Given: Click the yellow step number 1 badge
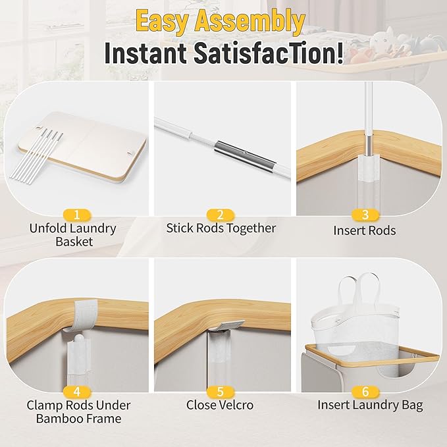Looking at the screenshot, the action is [76, 215].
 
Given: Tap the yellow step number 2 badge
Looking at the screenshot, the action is [221, 215].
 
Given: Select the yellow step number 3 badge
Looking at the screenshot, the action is [365, 215].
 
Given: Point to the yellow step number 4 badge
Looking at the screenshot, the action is [76, 392].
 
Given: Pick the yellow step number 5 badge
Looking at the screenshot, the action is [221, 392].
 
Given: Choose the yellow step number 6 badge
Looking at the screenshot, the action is [365, 392].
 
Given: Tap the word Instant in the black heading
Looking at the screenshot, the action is [145, 53].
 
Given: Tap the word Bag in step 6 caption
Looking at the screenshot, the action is [412, 406].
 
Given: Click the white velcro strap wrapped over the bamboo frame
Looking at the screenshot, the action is [84, 315].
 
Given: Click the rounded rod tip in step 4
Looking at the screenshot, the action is [78, 340].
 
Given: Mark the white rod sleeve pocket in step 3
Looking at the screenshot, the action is [368, 168].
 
